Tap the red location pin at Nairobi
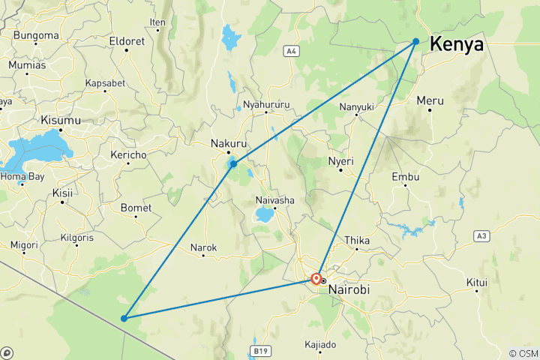click(316, 279)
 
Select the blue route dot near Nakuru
click(234, 163)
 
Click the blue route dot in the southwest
click(124, 319)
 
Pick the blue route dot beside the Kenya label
click(415, 41)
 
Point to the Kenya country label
click(456, 45)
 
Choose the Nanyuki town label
click(356, 107)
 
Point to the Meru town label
click(430, 100)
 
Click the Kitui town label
click(477, 283)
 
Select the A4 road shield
click(292, 51)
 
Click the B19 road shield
click(260, 350)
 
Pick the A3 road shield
click(481, 235)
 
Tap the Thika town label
click(357, 241)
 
